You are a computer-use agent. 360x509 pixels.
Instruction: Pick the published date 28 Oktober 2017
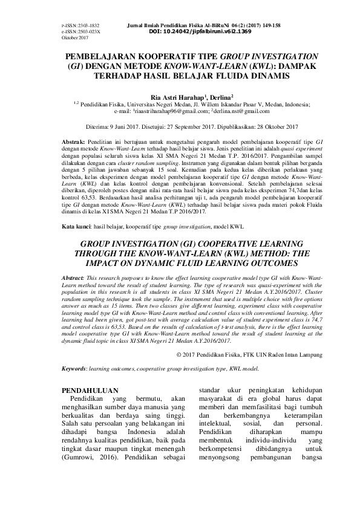coord(272,127)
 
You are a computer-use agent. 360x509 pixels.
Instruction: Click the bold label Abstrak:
coord(75,140)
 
